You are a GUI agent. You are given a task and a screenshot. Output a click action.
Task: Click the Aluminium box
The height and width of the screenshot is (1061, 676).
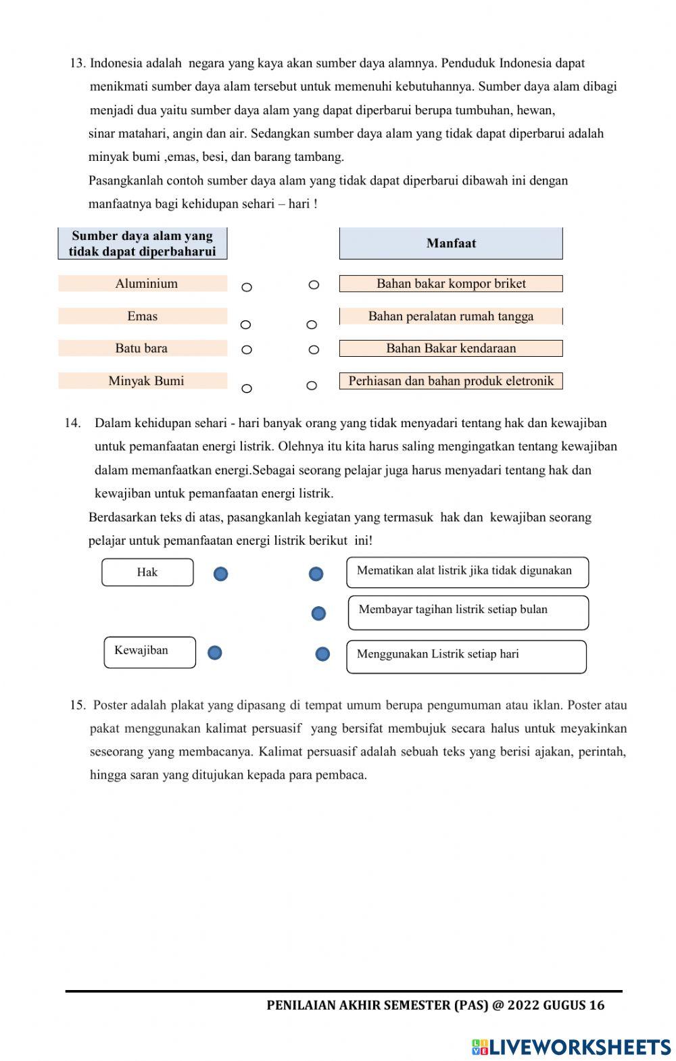[143, 283]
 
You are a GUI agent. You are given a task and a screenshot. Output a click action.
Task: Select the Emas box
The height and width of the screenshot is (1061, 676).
[143, 316]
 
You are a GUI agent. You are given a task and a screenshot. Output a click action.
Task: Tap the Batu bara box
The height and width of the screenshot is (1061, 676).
[143, 348]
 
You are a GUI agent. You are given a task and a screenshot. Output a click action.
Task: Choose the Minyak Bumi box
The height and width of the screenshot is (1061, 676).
[143, 380]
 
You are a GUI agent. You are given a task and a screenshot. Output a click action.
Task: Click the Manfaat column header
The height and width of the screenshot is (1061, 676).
[451, 243]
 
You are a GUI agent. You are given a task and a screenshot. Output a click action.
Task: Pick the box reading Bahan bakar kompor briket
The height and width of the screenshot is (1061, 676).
[451, 283]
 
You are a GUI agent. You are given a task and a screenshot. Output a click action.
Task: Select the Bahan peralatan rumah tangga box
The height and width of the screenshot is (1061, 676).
[451, 316]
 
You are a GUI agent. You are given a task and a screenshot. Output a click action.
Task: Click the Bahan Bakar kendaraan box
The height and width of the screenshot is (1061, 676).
[451, 348]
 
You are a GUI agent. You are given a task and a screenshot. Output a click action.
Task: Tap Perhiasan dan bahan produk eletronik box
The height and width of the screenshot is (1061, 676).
[451, 380]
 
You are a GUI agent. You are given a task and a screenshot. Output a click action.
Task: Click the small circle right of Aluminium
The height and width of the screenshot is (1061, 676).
[247, 287]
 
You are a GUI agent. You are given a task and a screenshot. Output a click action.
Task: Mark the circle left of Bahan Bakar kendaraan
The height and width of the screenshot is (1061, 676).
[314, 349]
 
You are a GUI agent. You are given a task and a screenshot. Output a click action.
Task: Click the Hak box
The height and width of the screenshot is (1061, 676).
[147, 572]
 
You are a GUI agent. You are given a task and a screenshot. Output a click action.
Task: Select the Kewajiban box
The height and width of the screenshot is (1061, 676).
[149, 651]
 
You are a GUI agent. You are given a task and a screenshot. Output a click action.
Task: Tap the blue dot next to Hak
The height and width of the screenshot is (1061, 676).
[220, 574]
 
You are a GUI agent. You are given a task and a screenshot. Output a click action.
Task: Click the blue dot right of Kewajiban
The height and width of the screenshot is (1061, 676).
[214, 652]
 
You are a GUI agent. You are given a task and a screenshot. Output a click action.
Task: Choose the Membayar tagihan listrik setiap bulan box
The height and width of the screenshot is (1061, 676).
[468, 612]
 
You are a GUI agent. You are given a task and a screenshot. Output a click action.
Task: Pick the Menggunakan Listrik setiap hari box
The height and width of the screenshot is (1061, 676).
[466, 656]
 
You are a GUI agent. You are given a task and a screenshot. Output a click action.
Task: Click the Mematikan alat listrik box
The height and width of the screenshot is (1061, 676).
[467, 572]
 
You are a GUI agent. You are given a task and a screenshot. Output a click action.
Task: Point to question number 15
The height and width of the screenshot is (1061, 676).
[77, 705]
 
